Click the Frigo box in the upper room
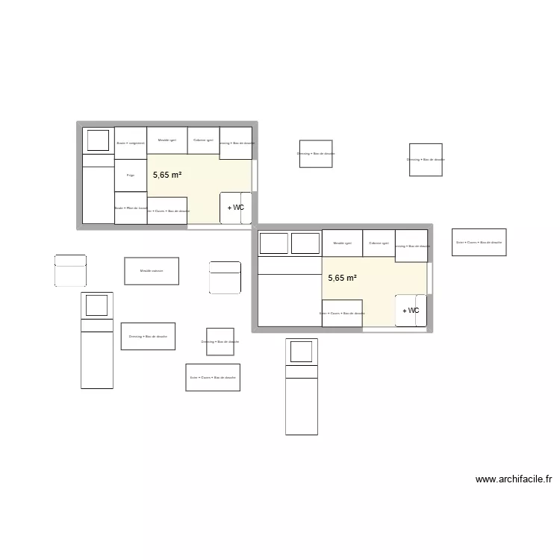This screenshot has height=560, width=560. pos(131,175)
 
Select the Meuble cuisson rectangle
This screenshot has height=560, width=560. pos(152,270)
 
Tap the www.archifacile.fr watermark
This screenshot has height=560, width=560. pos(513,480)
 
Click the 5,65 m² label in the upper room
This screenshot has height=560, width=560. pos(167,175)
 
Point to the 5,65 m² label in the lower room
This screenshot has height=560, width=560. pos(342,278)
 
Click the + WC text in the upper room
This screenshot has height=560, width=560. pos(236,208)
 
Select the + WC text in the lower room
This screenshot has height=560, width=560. pos(411,311)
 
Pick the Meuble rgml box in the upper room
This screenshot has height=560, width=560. pos(167,140)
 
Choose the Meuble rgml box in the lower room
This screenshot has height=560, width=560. pos(343,243)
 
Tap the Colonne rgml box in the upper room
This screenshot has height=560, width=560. pos(203,140)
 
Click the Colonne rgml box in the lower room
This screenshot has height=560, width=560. pos(379,243)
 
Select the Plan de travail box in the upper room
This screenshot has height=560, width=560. pos(131,208)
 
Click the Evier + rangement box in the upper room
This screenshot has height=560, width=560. pos(131,143)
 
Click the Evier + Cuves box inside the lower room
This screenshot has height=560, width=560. pos(342,314)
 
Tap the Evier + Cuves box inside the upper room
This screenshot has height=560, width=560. pos(167,211)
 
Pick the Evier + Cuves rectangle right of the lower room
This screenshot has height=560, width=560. pos(479,242)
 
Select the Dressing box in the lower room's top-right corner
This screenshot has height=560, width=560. pos(411,246)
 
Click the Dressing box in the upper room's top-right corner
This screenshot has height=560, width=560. pos(236,143)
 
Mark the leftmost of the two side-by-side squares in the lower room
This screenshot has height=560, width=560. pos(273,243)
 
